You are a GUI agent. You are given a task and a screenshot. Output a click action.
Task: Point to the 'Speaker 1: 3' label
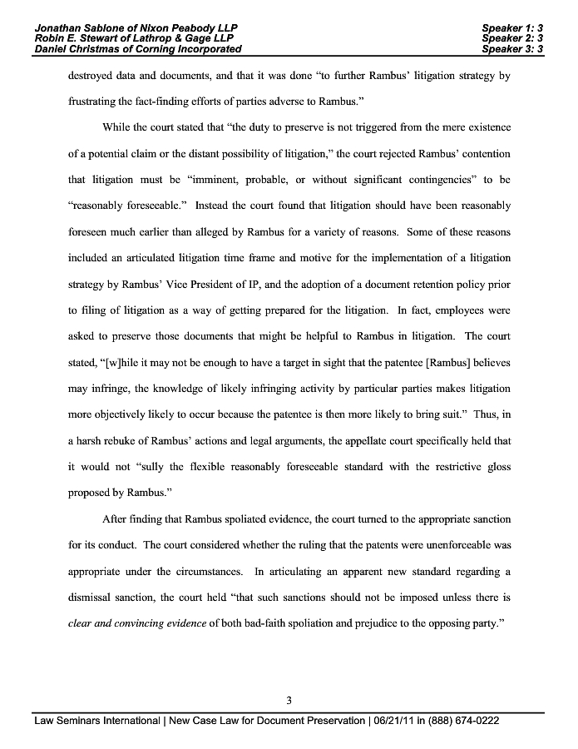click(512, 27)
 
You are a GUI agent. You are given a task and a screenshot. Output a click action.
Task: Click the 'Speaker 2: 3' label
click(512, 38)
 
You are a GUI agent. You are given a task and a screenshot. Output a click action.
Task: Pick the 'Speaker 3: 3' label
click(512, 49)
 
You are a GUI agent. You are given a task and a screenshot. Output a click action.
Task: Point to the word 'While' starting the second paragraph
click(118, 127)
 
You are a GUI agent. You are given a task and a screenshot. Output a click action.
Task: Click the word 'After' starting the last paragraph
click(116, 519)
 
